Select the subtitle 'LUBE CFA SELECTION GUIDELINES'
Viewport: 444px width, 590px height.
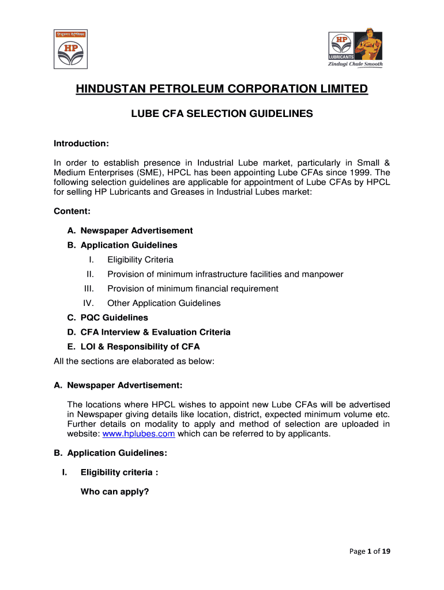(x=222, y=114)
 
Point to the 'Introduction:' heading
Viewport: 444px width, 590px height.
(x=81, y=143)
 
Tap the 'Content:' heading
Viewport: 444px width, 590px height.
(x=72, y=211)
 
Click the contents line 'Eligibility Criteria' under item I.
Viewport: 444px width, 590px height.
(x=140, y=260)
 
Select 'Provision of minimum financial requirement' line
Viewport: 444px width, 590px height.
(x=193, y=289)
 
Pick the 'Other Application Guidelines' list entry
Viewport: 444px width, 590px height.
(x=164, y=303)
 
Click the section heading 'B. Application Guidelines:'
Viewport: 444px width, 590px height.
(x=110, y=453)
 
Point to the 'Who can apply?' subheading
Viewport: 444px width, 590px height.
(x=115, y=492)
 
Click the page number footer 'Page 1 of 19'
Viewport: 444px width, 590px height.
(x=370, y=551)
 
